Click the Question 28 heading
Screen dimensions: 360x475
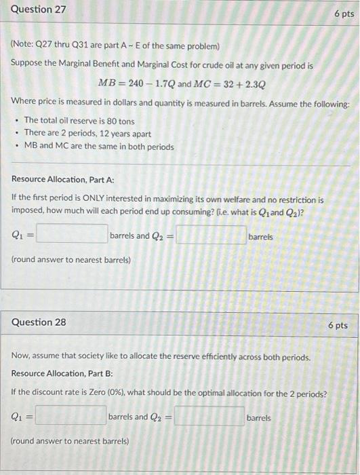click(39, 322)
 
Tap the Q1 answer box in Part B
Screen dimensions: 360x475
click(71, 417)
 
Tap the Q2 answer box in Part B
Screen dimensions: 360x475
click(209, 417)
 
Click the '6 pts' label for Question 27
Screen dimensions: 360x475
click(344, 14)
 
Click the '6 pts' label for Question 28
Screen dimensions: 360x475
click(338, 325)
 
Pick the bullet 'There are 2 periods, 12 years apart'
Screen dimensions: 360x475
click(87, 133)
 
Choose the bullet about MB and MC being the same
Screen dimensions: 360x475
click(99, 147)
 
